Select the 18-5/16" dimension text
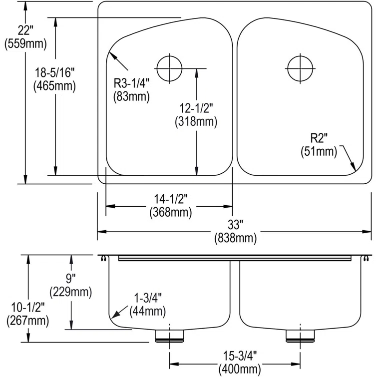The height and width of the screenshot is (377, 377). (55, 74)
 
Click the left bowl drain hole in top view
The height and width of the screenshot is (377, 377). (170, 68)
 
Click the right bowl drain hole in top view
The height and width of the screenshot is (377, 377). (300, 67)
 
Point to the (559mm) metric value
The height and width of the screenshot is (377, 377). (25, 44)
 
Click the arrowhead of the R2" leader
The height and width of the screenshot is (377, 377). (354, 170)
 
